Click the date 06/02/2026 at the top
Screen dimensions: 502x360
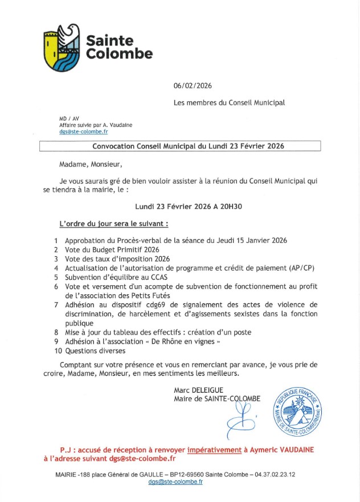193,85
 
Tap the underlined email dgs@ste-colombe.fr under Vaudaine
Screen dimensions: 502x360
79,131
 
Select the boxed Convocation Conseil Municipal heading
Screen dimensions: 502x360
180,146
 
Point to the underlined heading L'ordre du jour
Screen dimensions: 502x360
114,224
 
